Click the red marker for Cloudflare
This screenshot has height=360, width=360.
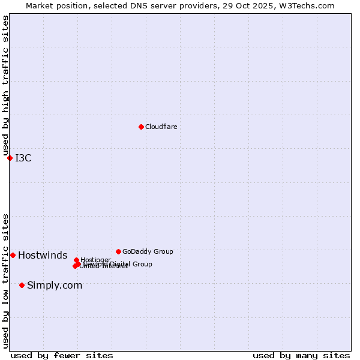click(x=141, y=127)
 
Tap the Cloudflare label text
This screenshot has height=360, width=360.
click(x=161, y=127)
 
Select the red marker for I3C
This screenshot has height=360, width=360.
click(x=10, y=158)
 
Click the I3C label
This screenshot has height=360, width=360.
click(x=23, y=158)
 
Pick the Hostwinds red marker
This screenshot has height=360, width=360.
click(x=13, y=255)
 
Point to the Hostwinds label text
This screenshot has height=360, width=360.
click(x=43, y=256)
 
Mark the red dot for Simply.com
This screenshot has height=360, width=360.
click(x=22, y=285)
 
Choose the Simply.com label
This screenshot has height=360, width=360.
click(x=55, y=286)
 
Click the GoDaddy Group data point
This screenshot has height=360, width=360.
click(x=118, y=251)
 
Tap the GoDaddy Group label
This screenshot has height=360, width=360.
click(x=148, y=252)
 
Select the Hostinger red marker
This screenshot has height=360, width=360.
click(x=76, y=260)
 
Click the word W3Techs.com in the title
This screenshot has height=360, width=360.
click(x=313, y=5)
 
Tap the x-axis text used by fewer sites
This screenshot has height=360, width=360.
click(x=62, y=355)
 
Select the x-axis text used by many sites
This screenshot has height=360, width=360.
click(x=301, y=355)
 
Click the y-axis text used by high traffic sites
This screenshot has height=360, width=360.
click(x=5, y=86)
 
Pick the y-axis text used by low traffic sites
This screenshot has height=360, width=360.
click(x=5, y=281)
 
